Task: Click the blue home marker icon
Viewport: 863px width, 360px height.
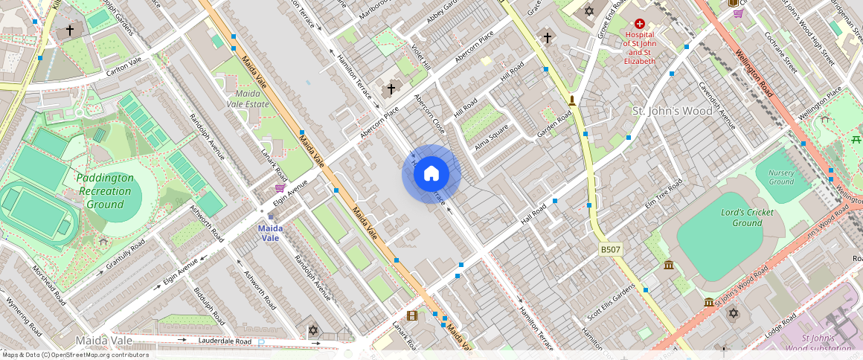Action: pyautogui.click(x=431, y=174)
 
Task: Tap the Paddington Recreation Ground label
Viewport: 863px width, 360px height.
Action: pyautogui.click(x=105, y=191)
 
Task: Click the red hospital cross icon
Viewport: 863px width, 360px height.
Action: pyautogui.click(x=639, y=25)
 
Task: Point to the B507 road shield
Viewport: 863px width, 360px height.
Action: pyautogui.click(x=611, y=251)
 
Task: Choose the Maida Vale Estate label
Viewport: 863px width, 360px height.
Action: pyautogui.click(x=248, y=99)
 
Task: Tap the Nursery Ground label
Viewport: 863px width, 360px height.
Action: pyautogui.click(x=780, y=177)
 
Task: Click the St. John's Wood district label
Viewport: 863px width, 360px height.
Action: pyautogui.click(x=672, y=111)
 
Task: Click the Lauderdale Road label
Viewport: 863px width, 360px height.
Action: pyautogui.click(x=226, y=341)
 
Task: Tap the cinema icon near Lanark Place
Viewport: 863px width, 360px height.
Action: pyautogui.click(x=412, y=315)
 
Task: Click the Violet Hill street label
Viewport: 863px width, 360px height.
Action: pyautogui.click(x=421, y=57)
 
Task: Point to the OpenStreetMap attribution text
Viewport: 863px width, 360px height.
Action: pyautogui.click(x=74, y=355)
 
